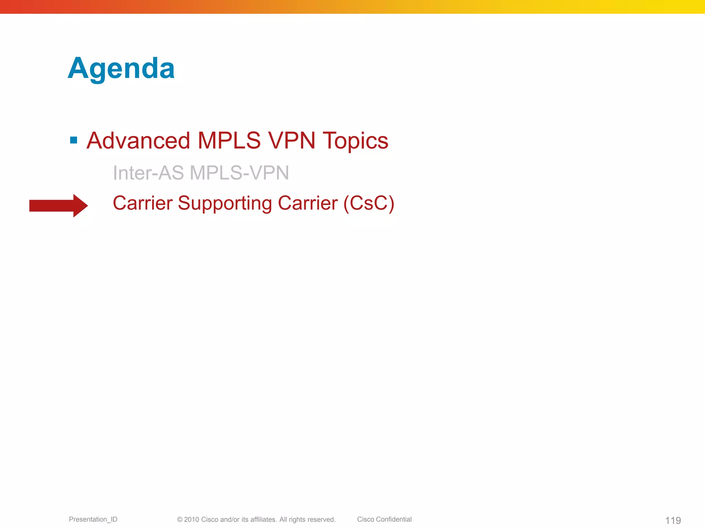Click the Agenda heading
pos(121,68)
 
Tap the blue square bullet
pos(73,140)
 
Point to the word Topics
pos(355,141)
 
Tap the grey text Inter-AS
pos(148,173)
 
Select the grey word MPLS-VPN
pos(239,173)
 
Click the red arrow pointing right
pos(59,206)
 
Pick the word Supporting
pos(224,203)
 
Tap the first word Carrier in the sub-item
pos(143,203)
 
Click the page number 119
pos(673,520)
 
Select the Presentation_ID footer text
pos(93,519)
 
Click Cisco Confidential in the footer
pos(384,519)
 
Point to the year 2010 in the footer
pos(191,519)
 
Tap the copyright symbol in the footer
pos(180,519)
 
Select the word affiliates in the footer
pos(263,519)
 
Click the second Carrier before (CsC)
pos(307,203)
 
